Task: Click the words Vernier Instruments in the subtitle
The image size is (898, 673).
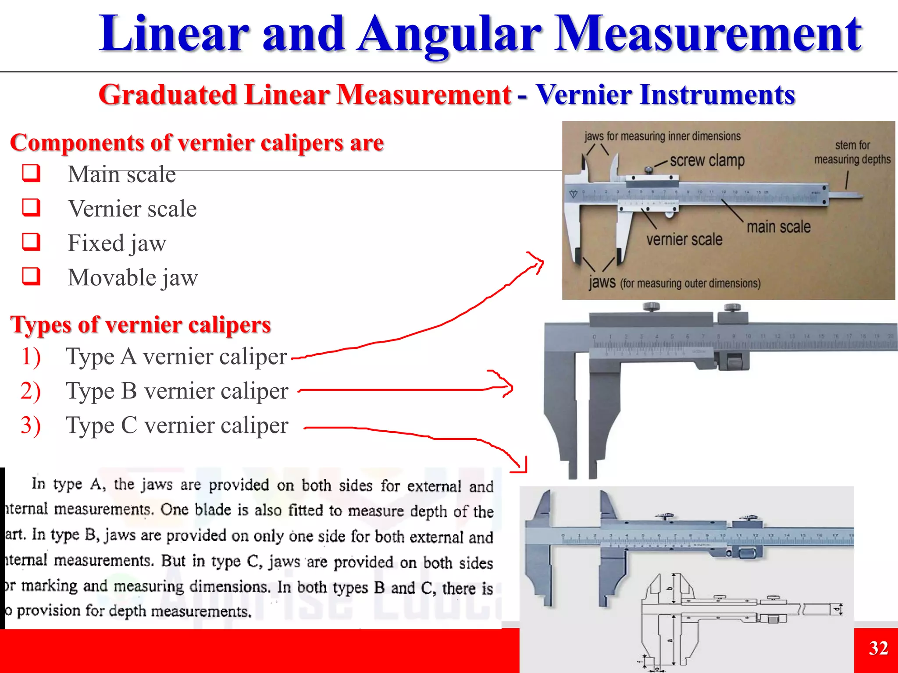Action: coord(665,95)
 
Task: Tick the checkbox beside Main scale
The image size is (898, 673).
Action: coord(32,174)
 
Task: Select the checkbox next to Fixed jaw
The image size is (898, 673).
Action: coord(32,242)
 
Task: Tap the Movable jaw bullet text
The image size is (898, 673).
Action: coord(133,278)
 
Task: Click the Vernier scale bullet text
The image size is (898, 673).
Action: coord(132,209)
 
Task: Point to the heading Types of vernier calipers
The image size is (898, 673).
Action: coord(141,325)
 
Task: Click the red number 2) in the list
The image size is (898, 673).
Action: coord(31,391)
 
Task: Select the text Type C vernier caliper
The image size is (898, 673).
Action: coord(177,425)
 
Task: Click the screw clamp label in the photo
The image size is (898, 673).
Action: coord(707,160)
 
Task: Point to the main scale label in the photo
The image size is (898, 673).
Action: coord(778,227)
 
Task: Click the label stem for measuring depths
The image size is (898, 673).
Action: coord(852,152)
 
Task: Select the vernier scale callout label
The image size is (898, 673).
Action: coord(684,240)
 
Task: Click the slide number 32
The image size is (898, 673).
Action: coord(878,648)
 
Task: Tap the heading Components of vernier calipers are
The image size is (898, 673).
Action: coord(197,143)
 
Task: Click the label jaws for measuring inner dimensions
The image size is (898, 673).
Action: coord(662,136)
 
